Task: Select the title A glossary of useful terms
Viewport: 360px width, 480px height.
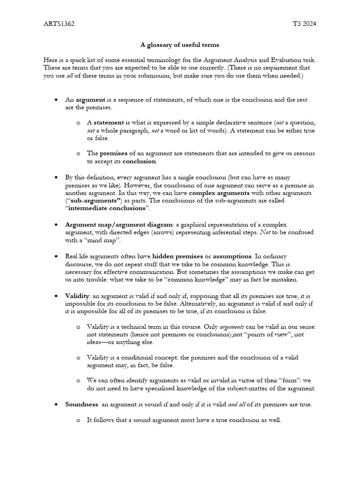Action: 180,45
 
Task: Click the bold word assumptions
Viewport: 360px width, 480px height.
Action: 232,256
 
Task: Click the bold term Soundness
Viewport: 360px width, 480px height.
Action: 82,404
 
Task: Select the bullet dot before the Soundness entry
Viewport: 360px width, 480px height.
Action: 56,404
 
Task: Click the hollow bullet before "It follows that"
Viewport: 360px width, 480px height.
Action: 78,420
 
